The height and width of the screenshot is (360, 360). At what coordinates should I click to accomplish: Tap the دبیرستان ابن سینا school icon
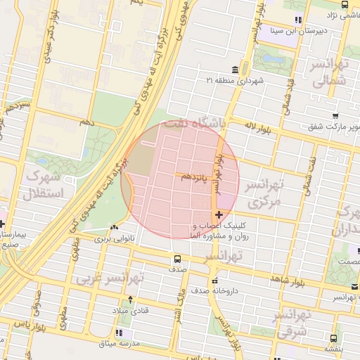pos(298,20)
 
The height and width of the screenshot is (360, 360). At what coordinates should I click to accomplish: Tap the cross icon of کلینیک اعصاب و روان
pos(219,214)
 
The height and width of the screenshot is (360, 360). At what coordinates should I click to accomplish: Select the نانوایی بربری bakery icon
pos(115,227)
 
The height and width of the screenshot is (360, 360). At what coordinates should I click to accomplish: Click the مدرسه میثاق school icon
pos(117,332)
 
